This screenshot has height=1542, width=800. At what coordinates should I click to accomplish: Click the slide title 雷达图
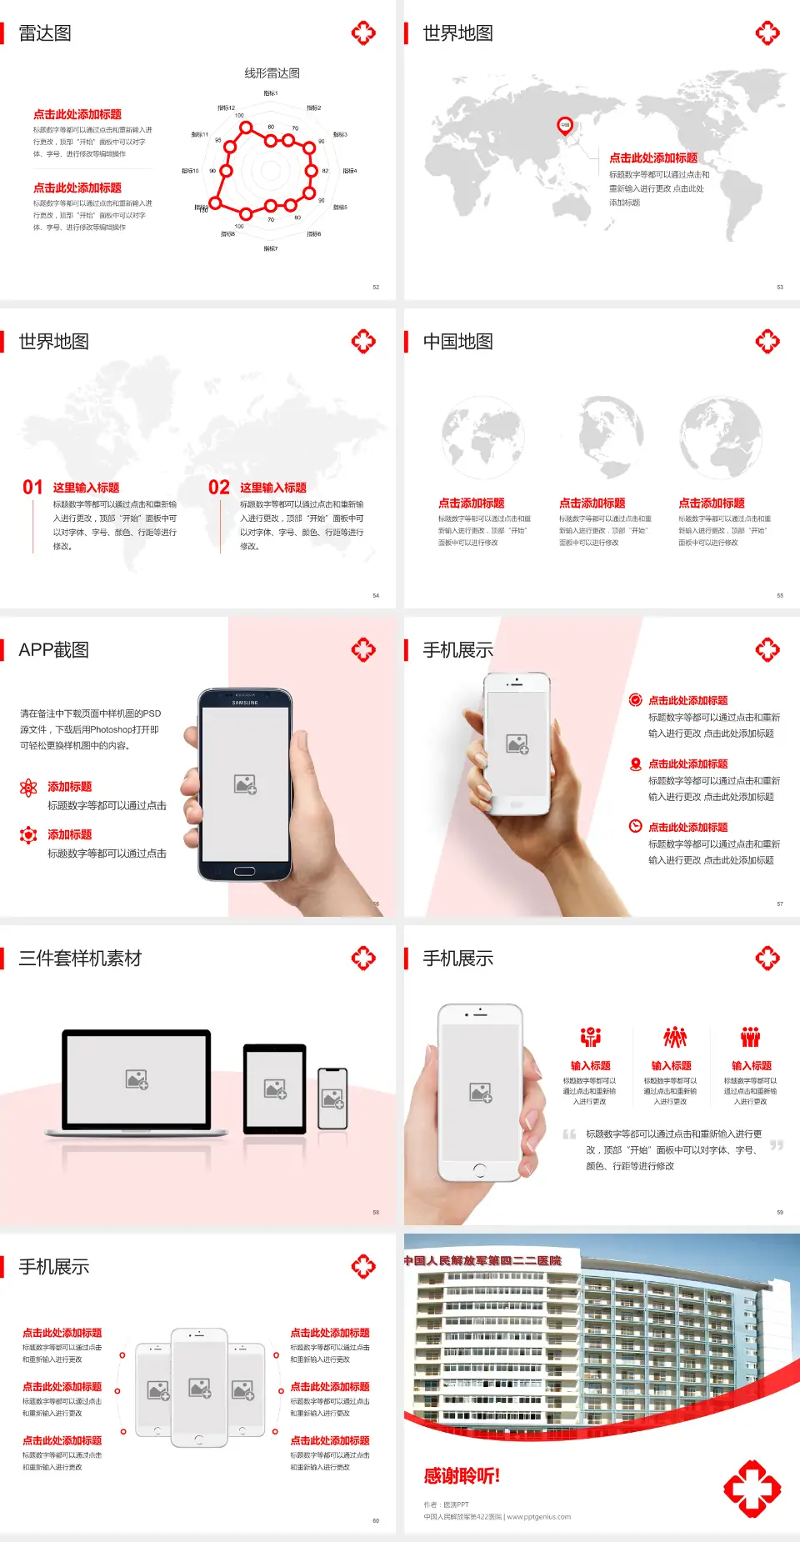tap(45, 33)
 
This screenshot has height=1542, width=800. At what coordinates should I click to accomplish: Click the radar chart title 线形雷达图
tap(272, 73)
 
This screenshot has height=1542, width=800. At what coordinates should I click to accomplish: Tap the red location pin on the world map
tap(565, 126)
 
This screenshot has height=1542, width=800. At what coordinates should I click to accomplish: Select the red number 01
tap(32, 488)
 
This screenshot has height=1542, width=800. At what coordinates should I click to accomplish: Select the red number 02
tap(219, 488)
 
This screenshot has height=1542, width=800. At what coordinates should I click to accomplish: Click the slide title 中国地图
tap(457, 342)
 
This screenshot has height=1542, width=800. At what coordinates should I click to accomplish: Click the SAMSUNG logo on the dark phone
tap(245, 703)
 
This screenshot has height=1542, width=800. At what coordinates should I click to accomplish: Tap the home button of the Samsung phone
tap(244, 871)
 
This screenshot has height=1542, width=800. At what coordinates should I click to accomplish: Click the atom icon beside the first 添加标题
tap(28, 788)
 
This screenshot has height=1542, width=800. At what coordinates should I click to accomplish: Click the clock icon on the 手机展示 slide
tap(635, 826)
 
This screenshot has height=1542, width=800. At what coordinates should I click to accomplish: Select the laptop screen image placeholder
tap(137, 1079)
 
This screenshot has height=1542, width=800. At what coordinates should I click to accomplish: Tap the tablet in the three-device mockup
tap(275, 1088)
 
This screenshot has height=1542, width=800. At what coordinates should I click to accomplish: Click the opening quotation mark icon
tap(569, 1134)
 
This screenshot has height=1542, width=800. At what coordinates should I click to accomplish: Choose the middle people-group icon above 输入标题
tap(674, 1037)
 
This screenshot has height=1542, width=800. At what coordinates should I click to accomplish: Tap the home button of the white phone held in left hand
tap(479, 1169)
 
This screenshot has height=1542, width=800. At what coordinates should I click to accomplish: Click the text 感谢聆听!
tap(462, 1476)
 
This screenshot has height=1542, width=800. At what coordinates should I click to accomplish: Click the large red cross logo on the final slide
tap(752, 1489)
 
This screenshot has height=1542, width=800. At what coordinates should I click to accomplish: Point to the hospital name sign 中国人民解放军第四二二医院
tap(483, 1261)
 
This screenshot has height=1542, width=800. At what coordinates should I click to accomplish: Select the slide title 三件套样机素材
tap(80, 959)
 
